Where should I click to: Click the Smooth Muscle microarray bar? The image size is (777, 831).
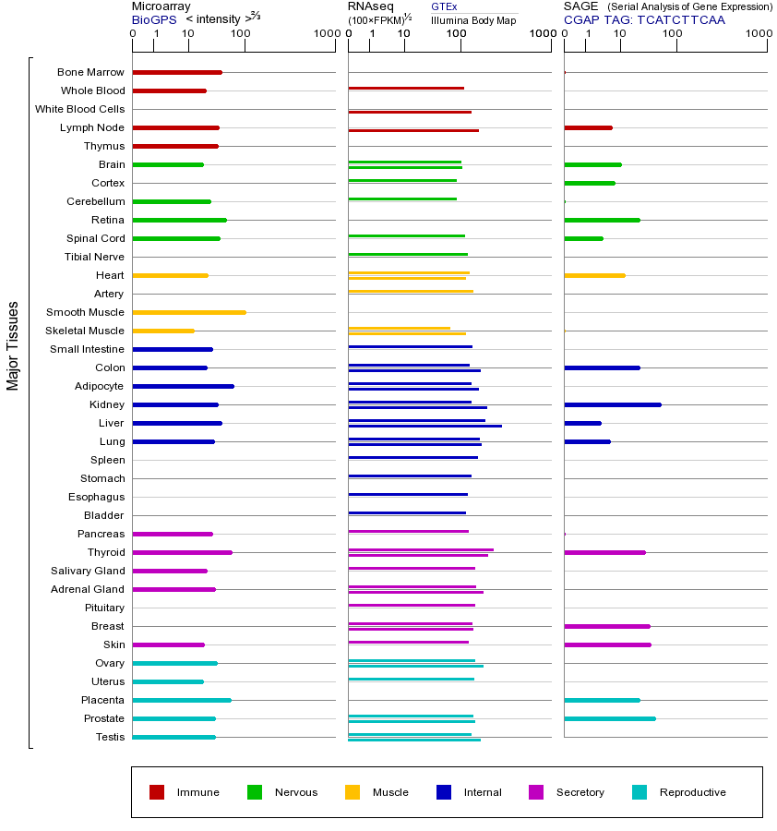click(189, 312)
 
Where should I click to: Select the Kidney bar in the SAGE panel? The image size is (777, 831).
click(613, 404)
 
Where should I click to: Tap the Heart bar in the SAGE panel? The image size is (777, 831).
click(594, 275)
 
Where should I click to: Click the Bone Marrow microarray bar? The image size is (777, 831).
click(177, 72)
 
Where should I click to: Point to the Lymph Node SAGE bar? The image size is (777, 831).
click(588, 127)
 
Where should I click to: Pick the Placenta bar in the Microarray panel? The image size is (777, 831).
click(182, 700)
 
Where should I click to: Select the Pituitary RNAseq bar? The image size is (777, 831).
click(412, 605)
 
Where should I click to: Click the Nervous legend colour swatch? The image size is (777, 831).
click(255, 792)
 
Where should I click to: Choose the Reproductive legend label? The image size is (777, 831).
click(692, 792)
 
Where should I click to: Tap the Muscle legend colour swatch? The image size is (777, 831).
click(353, 792)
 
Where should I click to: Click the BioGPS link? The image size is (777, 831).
click(154, 19)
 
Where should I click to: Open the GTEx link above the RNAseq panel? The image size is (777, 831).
click(444, 6)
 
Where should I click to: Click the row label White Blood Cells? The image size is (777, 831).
click(79, 109)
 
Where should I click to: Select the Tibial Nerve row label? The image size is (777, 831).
click(94, 257)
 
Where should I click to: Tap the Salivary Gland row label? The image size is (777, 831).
click(88, 571)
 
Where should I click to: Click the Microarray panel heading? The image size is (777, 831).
click(161, 6)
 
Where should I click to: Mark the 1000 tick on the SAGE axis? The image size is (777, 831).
click(759, 33)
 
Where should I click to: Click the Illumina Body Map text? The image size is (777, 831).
click(473, 19)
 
